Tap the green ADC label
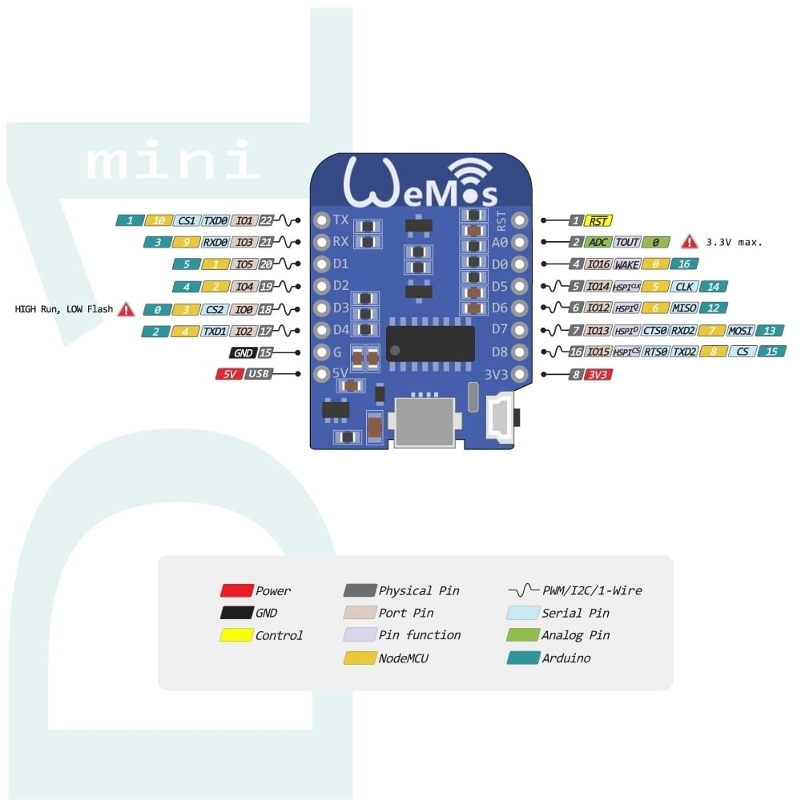point(598,242)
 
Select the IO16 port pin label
point(598,264)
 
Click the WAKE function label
point(627,264)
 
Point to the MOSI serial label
point(741,330)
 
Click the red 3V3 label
point(598,374)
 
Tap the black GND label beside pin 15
point(241,352)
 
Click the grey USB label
point(257,374)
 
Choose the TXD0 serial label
point(215,220)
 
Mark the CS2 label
point(214,308)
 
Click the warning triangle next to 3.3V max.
point(688,241)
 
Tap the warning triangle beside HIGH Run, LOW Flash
point(126,309)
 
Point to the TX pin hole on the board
point(322,220)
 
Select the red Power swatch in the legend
point(236,591)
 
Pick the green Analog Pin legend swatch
point(523,635)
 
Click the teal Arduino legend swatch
point(523,658)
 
